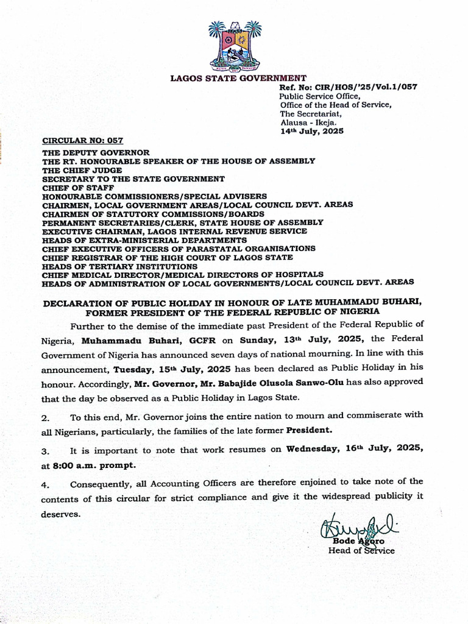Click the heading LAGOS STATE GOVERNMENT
pyautogui.click(x=238, y=78)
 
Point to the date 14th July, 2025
pyautogui.click(x=311, y=131)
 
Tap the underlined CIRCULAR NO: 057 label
pyautogui.click(x=82, y=140)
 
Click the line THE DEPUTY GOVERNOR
pyautogui.click(x=96, y=152)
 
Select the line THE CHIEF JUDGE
pyautogui.click(x=82, y=170)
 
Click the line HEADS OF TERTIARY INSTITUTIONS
pyautogui.click(x=119, y=266)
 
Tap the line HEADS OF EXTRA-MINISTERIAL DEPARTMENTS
pyautogui.click(x=144, y=240)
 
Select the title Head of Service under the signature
pyautogui.click(x=361, y=551)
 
